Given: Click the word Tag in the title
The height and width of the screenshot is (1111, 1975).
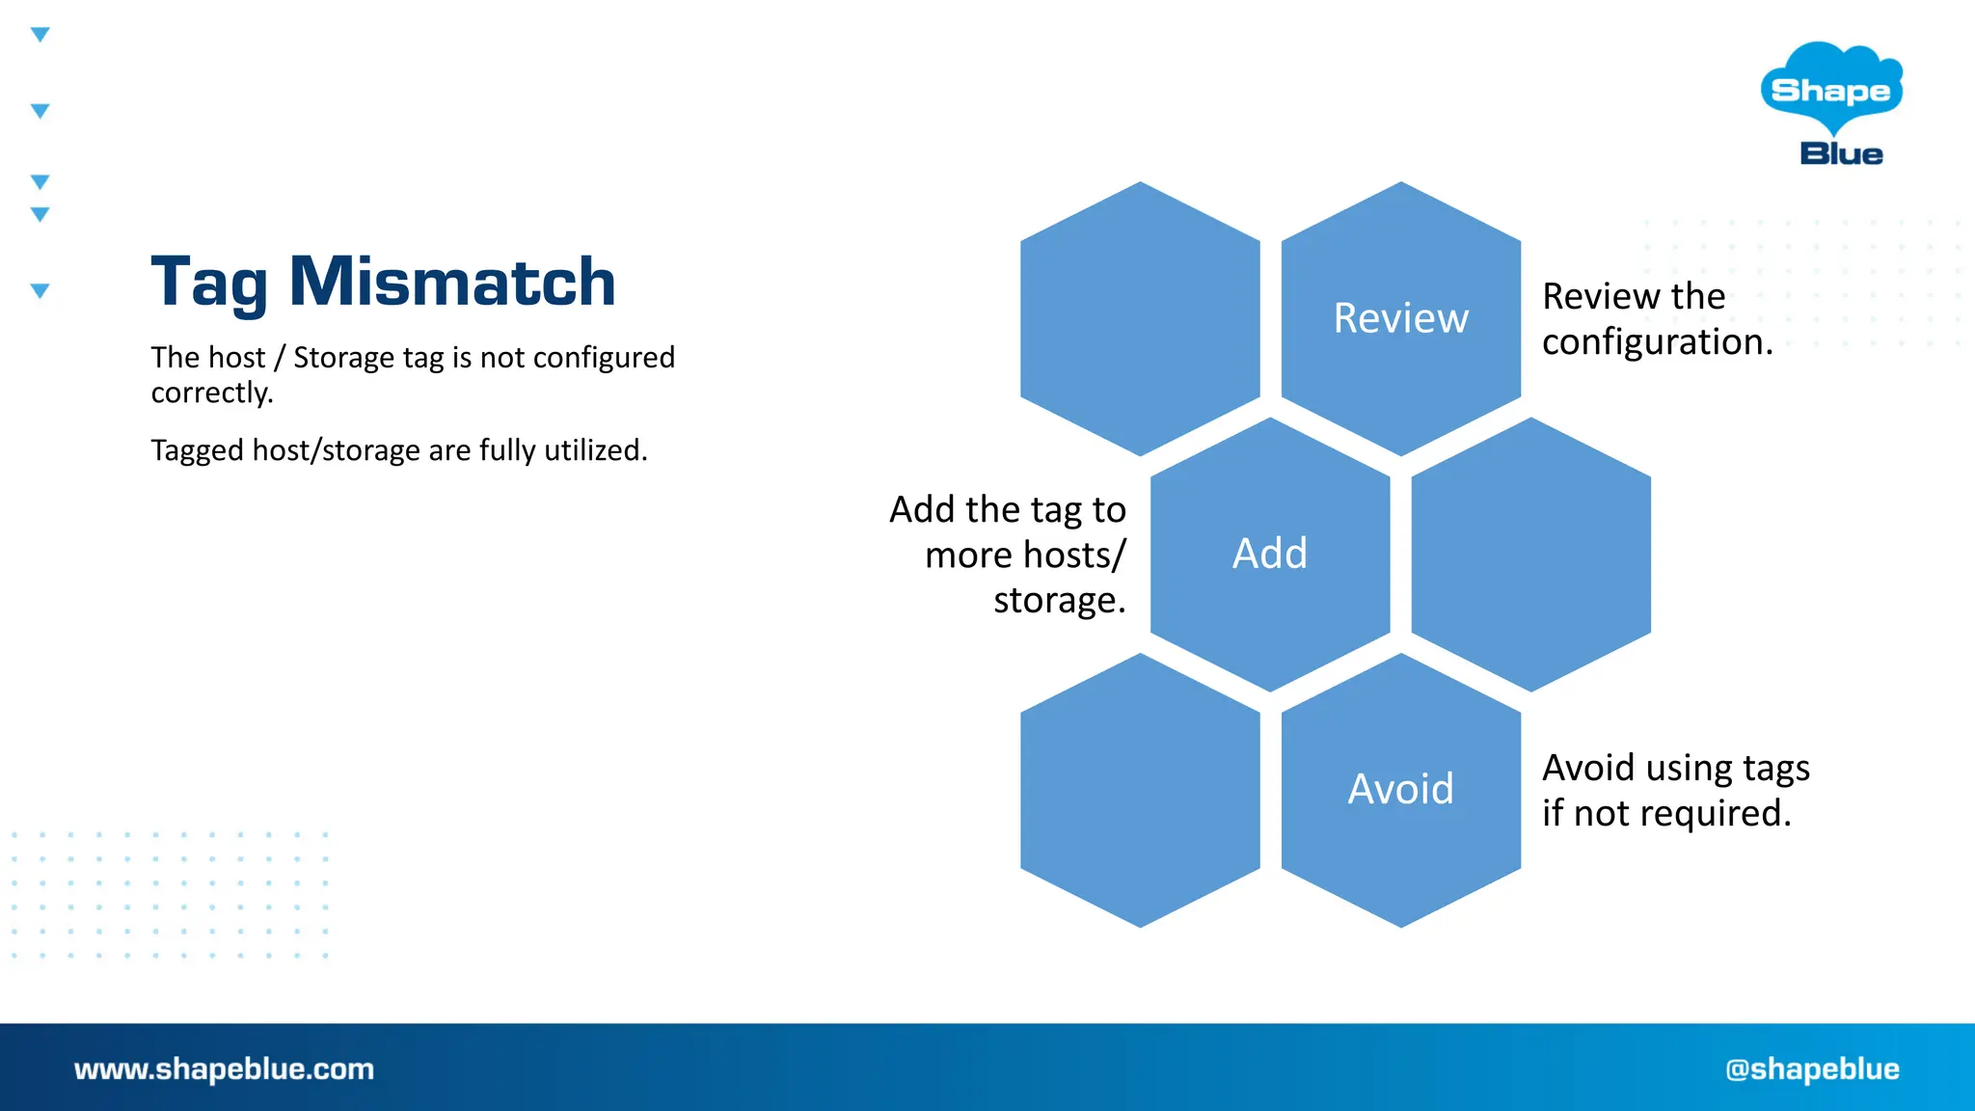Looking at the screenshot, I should [x=208, y=284].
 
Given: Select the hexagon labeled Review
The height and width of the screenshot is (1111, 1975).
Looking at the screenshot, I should [x=1400, y=318].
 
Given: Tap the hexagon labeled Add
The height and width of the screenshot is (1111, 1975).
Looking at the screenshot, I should [x=1269, y=554].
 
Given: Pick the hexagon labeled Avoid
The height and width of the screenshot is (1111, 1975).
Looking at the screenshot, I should [x=1400, y=789].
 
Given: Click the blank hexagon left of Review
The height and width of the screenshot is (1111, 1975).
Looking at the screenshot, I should [x=1140, y=318].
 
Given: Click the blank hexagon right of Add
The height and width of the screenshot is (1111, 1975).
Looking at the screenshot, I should [x=1530, y=554].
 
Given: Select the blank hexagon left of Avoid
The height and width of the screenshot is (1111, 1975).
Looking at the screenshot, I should [x=1140, y=789].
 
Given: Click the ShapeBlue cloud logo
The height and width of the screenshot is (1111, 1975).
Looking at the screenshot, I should [x=1831, y=89].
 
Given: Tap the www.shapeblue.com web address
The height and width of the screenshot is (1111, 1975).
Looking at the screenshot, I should [x=224, y=1069].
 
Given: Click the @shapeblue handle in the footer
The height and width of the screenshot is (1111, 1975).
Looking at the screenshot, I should [x=1812, y=1069].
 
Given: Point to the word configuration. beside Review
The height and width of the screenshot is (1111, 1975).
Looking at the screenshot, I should [x=1657, y=342].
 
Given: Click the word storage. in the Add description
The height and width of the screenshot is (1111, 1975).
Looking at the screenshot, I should [x=1059, y=600].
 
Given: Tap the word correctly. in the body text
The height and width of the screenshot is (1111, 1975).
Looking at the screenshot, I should [x=212, y=393].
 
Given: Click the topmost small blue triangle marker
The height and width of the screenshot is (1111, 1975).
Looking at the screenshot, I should [x=40, y=35].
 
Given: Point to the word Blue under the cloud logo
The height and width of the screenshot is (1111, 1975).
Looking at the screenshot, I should [x=1841, y=154].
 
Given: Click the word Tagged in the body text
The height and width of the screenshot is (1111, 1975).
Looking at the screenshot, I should [x=198, y=450].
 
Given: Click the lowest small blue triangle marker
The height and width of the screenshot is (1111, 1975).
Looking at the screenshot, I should [x=40, y=290].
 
